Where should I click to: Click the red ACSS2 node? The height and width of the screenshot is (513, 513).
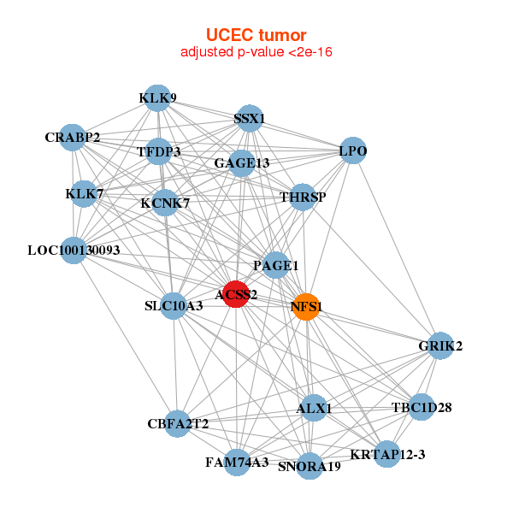tap(236, 294)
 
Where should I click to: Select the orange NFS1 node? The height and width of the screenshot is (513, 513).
tap(306, 306)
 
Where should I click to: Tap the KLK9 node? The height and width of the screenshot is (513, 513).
tap(156, 98)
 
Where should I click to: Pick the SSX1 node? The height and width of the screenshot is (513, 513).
tap(250, 119)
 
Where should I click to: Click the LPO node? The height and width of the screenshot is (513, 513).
tap(353, 151)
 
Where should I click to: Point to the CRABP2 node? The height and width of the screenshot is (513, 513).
tap(73, 137)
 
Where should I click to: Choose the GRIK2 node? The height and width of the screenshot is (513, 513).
tap(440, 346)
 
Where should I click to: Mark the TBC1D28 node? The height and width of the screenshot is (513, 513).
tap(421, 407)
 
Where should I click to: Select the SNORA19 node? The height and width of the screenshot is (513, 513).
tap(310, 466)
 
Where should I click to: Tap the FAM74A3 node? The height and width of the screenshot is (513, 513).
tap(238, 462)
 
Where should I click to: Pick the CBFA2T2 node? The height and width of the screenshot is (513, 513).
tap(177, 423)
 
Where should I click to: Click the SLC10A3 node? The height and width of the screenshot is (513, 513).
tap(174, 305)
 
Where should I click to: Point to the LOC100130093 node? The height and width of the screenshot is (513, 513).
tap(74, 251)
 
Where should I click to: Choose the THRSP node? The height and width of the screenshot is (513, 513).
tap(303, 198)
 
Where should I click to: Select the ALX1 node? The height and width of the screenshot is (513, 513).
tap(313, 409)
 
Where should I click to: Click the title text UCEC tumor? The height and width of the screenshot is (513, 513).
tap(256, 35)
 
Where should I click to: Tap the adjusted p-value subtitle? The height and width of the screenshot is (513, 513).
tap(256, 52)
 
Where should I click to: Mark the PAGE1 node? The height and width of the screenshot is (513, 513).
tap(275, 266)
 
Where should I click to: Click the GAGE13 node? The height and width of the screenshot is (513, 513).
tap(242, 162)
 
